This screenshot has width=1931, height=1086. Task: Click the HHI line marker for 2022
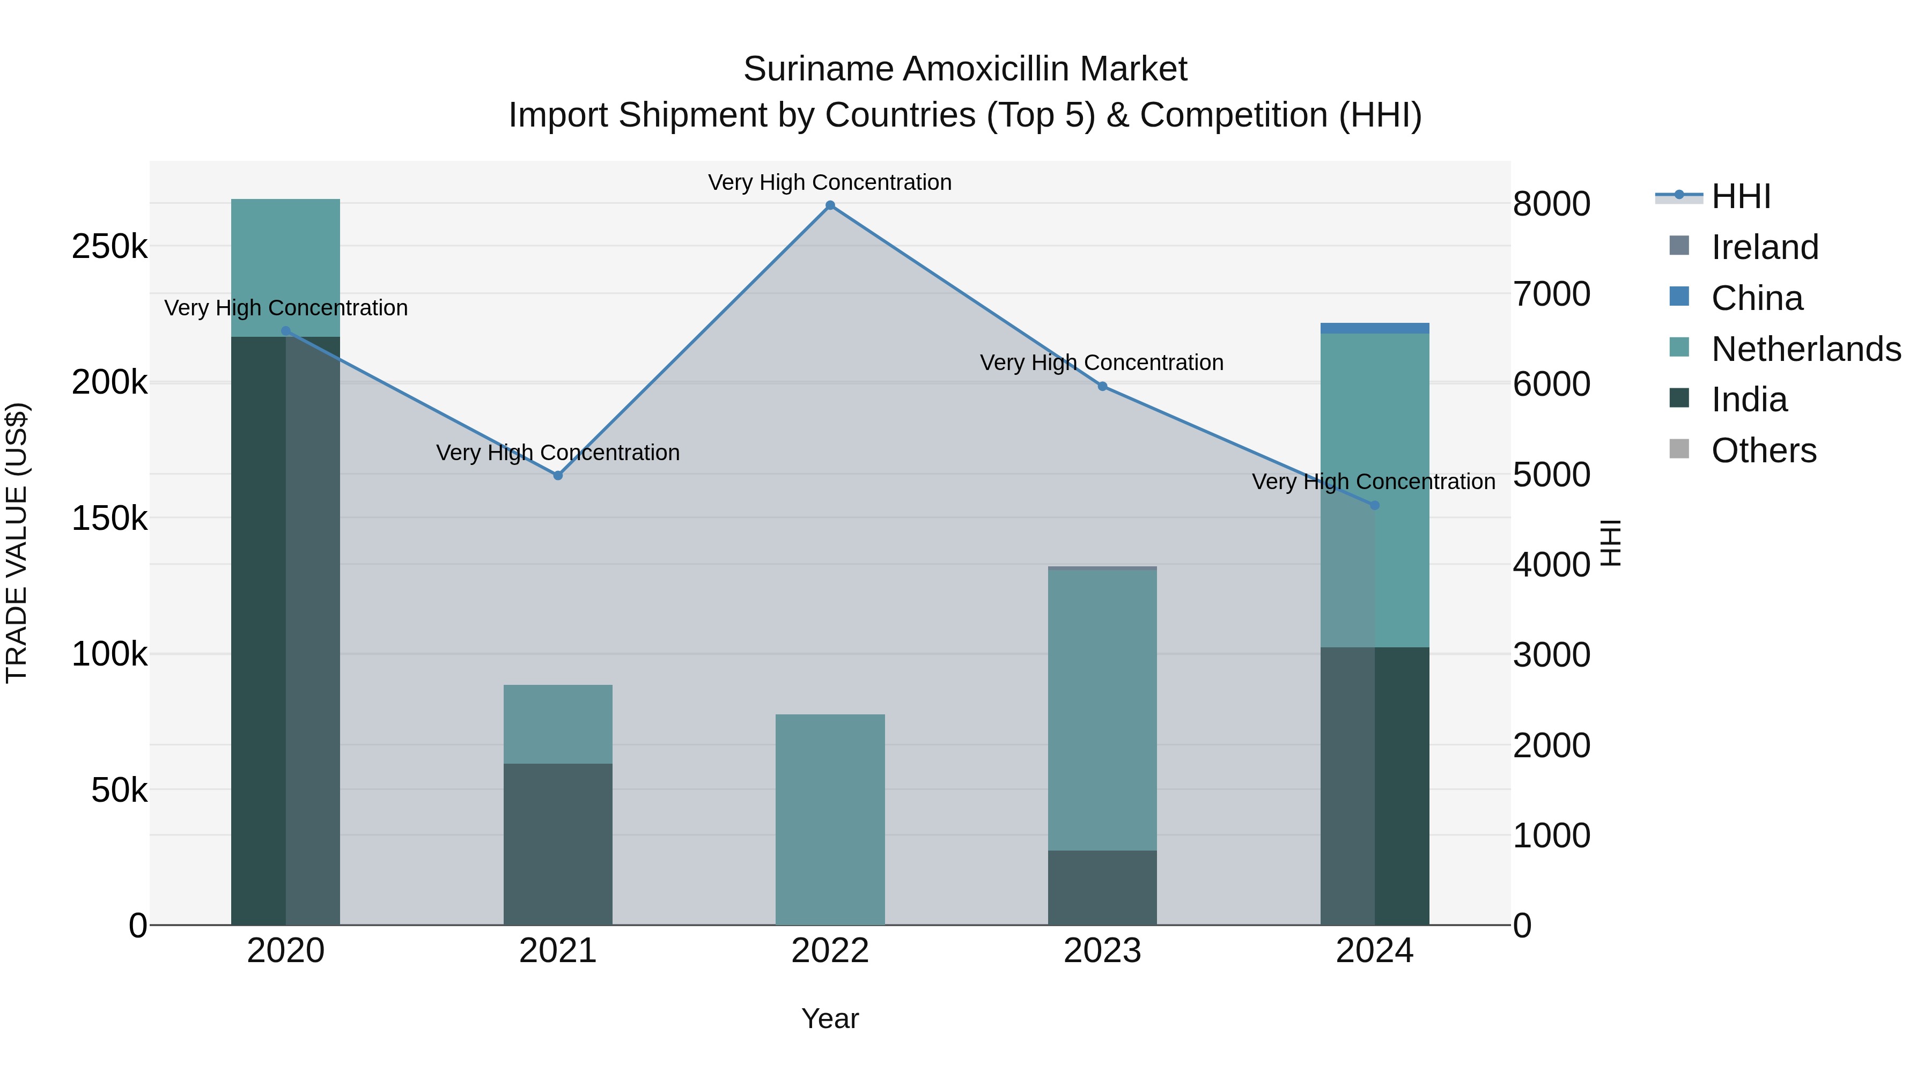point(830,205)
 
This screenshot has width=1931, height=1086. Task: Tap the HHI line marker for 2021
point(558,475)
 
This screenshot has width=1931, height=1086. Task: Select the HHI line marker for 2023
point(1102,386)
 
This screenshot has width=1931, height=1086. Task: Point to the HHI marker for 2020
point(285,330)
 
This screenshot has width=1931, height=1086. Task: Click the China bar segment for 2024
point(1374,328)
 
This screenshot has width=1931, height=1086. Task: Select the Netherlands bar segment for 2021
point(558,724)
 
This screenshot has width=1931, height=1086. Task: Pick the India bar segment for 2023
point(1102,888)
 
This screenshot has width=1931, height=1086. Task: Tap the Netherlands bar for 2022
point(830,819)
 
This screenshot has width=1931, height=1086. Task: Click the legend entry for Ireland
point(1765,247)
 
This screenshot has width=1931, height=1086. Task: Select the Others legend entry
point(1763,450)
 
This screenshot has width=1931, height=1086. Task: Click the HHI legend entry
point(1741,196)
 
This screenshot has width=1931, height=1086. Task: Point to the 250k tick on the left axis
point(109,247)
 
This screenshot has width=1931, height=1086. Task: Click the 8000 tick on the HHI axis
point(1551,204)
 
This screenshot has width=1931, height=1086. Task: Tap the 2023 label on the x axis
point(1102,951)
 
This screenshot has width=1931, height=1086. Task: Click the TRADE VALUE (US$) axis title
point(17,543)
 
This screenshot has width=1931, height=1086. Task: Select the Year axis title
point(830,1018)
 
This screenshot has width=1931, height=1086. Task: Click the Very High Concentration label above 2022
point(830,182)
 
